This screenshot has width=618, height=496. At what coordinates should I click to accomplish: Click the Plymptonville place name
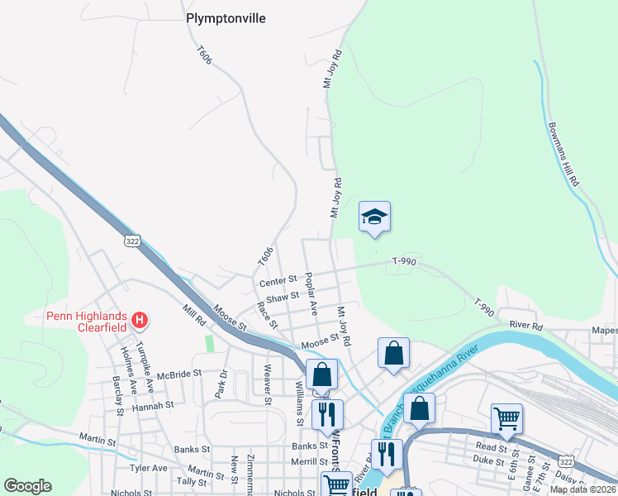(226, 18)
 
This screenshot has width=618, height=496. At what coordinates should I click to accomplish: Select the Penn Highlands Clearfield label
(86, 320)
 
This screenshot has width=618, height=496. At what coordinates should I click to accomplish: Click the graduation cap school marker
(374, 217)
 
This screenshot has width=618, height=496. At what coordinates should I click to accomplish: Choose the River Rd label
(525, 326)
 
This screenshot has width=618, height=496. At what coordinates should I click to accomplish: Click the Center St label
(278, 282)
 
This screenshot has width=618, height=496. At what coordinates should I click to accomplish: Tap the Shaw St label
(282, 296)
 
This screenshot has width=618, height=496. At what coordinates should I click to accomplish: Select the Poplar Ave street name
(312, 293)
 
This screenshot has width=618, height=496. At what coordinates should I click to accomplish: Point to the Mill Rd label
(193, 315)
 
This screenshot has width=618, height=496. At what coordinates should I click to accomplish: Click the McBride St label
(178, 374)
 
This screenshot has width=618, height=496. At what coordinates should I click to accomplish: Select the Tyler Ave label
(149, 468)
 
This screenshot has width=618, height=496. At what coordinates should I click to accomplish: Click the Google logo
(27, 486)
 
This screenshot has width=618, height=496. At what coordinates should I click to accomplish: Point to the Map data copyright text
(582, 489)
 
